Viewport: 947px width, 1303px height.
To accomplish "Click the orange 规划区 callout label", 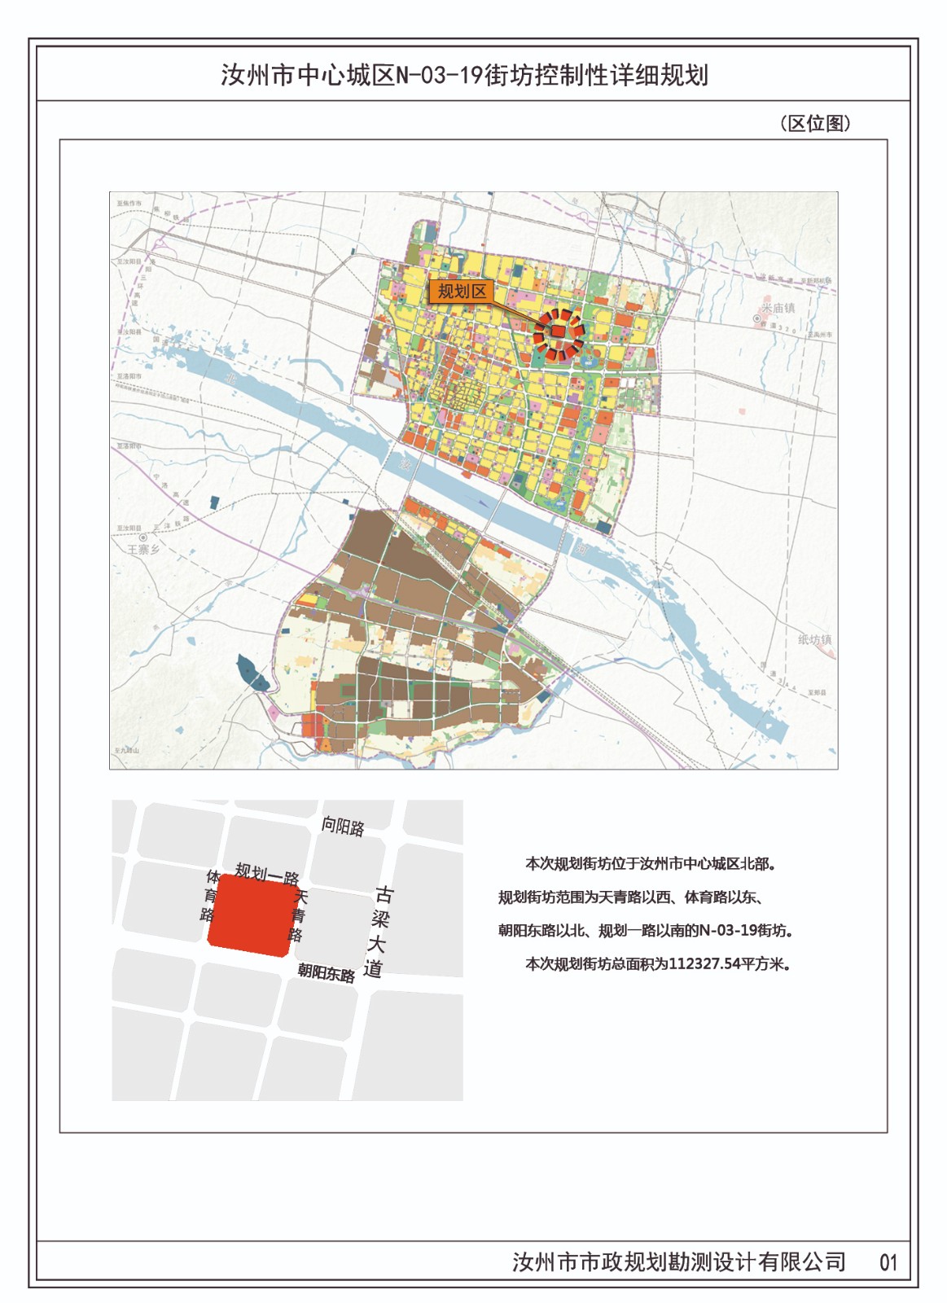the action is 462,292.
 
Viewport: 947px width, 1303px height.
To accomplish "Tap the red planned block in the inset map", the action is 250,913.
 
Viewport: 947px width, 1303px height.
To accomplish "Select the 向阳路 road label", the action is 343,827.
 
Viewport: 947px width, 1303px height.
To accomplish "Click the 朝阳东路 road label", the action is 326,972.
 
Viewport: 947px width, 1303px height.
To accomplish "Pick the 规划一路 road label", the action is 267,875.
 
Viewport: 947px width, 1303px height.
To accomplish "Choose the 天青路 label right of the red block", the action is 299,915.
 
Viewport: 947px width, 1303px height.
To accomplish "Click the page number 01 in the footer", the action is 888,1263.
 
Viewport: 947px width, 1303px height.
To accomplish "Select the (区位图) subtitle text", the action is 815,123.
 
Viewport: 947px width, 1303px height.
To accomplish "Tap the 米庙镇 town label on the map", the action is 778,308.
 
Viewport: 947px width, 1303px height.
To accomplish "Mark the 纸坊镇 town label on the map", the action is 814,640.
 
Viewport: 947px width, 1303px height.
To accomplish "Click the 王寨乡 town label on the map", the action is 144,550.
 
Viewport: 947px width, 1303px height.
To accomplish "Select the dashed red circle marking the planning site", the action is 559,335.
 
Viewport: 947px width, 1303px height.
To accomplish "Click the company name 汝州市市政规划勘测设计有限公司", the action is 679,1262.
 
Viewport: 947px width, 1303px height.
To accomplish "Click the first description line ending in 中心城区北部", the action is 649,863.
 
